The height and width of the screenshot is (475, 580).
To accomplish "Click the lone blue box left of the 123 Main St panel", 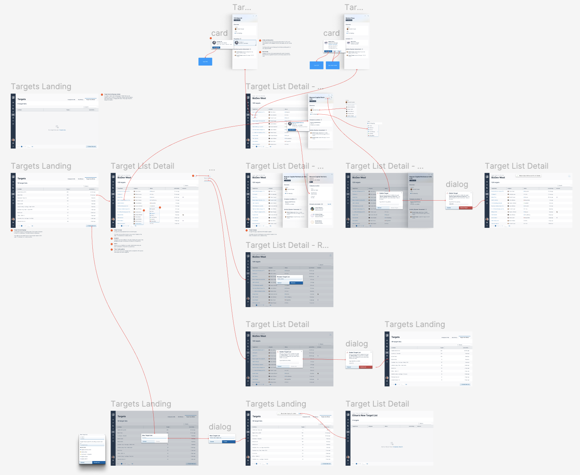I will [205, 62].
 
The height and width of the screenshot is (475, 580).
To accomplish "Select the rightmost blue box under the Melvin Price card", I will [333, 65].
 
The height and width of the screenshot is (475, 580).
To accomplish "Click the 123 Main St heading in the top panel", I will [238, 18].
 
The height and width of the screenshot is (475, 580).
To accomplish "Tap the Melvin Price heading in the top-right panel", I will [350, 18].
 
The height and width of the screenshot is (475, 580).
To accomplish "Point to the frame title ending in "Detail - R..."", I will [287, 245].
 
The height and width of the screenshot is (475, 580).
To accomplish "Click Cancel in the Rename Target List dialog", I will [280, 283].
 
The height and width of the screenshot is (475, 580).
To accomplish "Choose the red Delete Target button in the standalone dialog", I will [464, 208].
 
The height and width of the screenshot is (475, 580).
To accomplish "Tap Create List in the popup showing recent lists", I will [97, 462].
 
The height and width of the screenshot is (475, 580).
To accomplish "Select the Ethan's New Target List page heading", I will [365, 416].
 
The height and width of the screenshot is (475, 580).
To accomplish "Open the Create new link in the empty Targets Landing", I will [62, 130].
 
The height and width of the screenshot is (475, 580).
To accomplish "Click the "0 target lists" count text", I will [22, 104].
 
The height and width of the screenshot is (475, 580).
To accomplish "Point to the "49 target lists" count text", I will [396, 342].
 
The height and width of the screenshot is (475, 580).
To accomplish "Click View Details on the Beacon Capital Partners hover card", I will [292, 130].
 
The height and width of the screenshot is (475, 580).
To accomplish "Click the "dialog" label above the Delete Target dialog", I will [457, 184].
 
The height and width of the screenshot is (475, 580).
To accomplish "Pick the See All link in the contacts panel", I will [329, 204].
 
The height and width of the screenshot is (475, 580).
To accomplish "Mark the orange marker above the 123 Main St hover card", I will [211, 38].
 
